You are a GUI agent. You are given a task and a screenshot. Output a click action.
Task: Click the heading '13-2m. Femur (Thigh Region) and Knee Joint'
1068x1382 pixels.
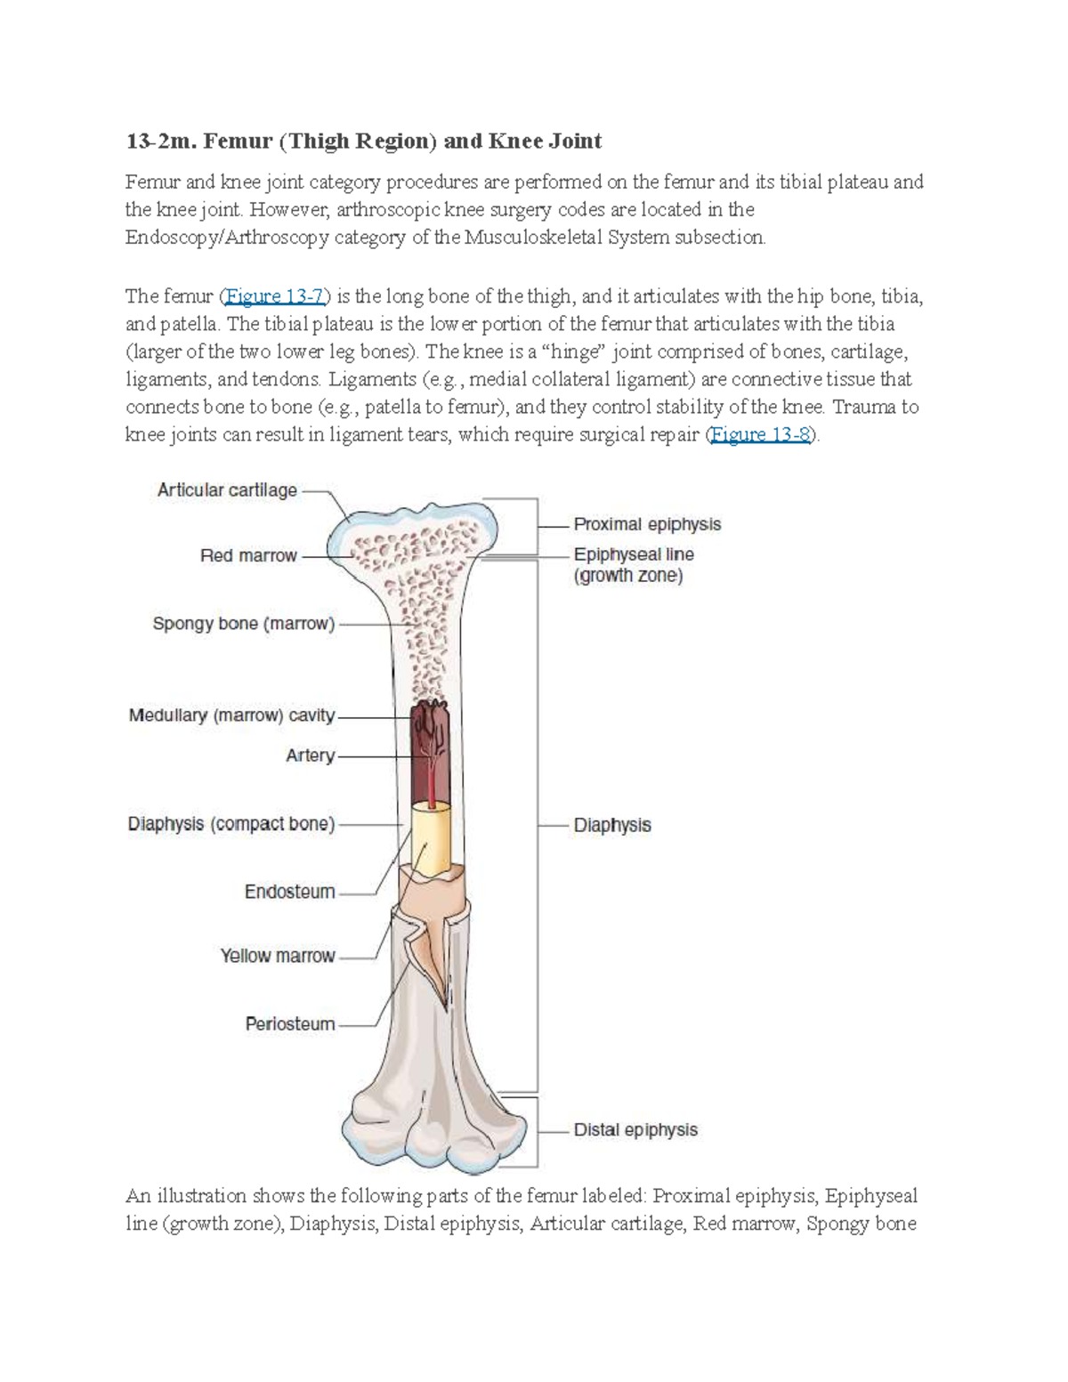363,141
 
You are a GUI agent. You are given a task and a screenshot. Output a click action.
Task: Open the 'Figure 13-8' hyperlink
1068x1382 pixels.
762,434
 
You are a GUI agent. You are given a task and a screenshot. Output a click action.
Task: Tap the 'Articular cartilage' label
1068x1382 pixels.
227,490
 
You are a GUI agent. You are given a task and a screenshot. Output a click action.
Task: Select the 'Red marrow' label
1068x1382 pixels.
248,556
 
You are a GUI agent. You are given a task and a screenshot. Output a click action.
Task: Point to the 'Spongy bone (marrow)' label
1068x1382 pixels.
243,624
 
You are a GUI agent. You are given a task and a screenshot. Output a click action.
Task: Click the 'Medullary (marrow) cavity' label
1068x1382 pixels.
231,715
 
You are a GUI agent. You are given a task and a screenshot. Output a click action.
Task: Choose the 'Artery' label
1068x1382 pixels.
310,756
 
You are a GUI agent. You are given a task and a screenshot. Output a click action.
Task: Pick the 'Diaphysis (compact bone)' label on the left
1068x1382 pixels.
231,825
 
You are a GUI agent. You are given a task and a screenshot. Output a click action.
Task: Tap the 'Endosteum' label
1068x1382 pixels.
289,892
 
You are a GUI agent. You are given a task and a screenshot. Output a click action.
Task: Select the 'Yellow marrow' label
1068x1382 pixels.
278,957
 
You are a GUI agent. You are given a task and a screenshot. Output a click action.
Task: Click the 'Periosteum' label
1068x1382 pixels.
290,1024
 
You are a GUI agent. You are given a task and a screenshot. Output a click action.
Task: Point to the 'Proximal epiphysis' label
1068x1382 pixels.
647,525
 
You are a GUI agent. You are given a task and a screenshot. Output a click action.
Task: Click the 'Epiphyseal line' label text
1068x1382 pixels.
634,555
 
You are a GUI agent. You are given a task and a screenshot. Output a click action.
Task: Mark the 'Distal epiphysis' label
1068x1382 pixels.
635,1130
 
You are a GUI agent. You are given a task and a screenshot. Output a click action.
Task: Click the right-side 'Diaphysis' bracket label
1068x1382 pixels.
612,826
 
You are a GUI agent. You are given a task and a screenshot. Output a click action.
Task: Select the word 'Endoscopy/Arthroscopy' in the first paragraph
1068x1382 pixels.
218,238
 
